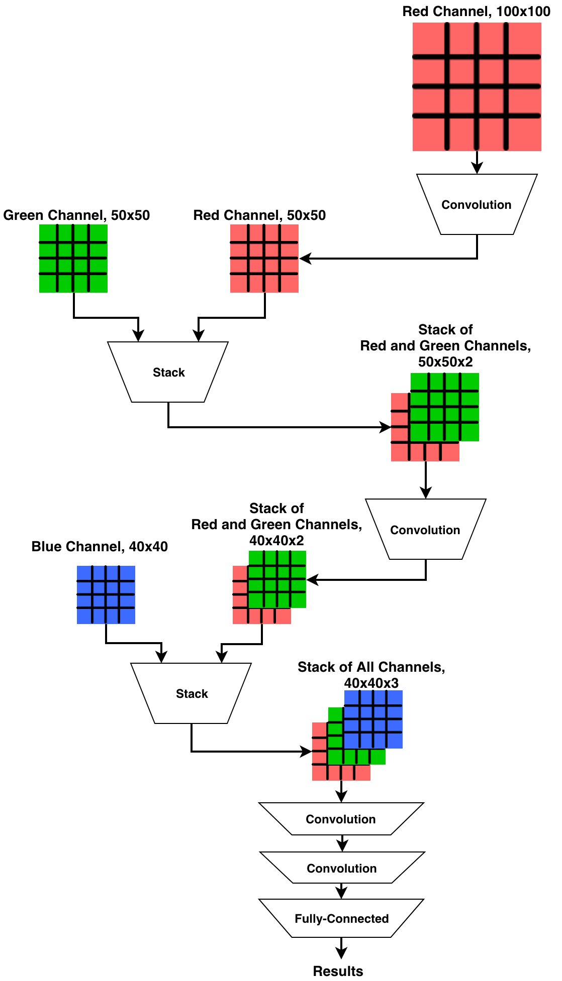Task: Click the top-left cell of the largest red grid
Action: (x=428, y=39)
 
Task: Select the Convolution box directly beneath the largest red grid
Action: (x=477, y=204)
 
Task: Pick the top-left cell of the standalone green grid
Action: (x=47, y=232)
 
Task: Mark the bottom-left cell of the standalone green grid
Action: (x=47, y=284)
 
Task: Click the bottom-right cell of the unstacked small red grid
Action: (x=290, y=284)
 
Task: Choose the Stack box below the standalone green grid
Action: (x=168, y=372)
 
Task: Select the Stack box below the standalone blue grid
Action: (x=192, y=693)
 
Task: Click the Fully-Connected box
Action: (x=341, y=918)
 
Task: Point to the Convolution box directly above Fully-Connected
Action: (x=341, y=868)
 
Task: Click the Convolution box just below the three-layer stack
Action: (x=341, y=819)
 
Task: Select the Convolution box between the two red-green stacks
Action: (x=425, y=530)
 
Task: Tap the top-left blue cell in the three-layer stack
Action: (x=351, y=697)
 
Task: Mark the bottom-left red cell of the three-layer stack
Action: (x=319, y=773)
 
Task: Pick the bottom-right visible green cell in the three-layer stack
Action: (x=378, y=757)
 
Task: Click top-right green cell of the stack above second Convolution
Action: (x=471, y=381)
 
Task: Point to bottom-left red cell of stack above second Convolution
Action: (x=399, y=452)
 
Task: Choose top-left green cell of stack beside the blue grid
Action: (x=255, y=557)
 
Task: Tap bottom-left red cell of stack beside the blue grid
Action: (x=239, y=617)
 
